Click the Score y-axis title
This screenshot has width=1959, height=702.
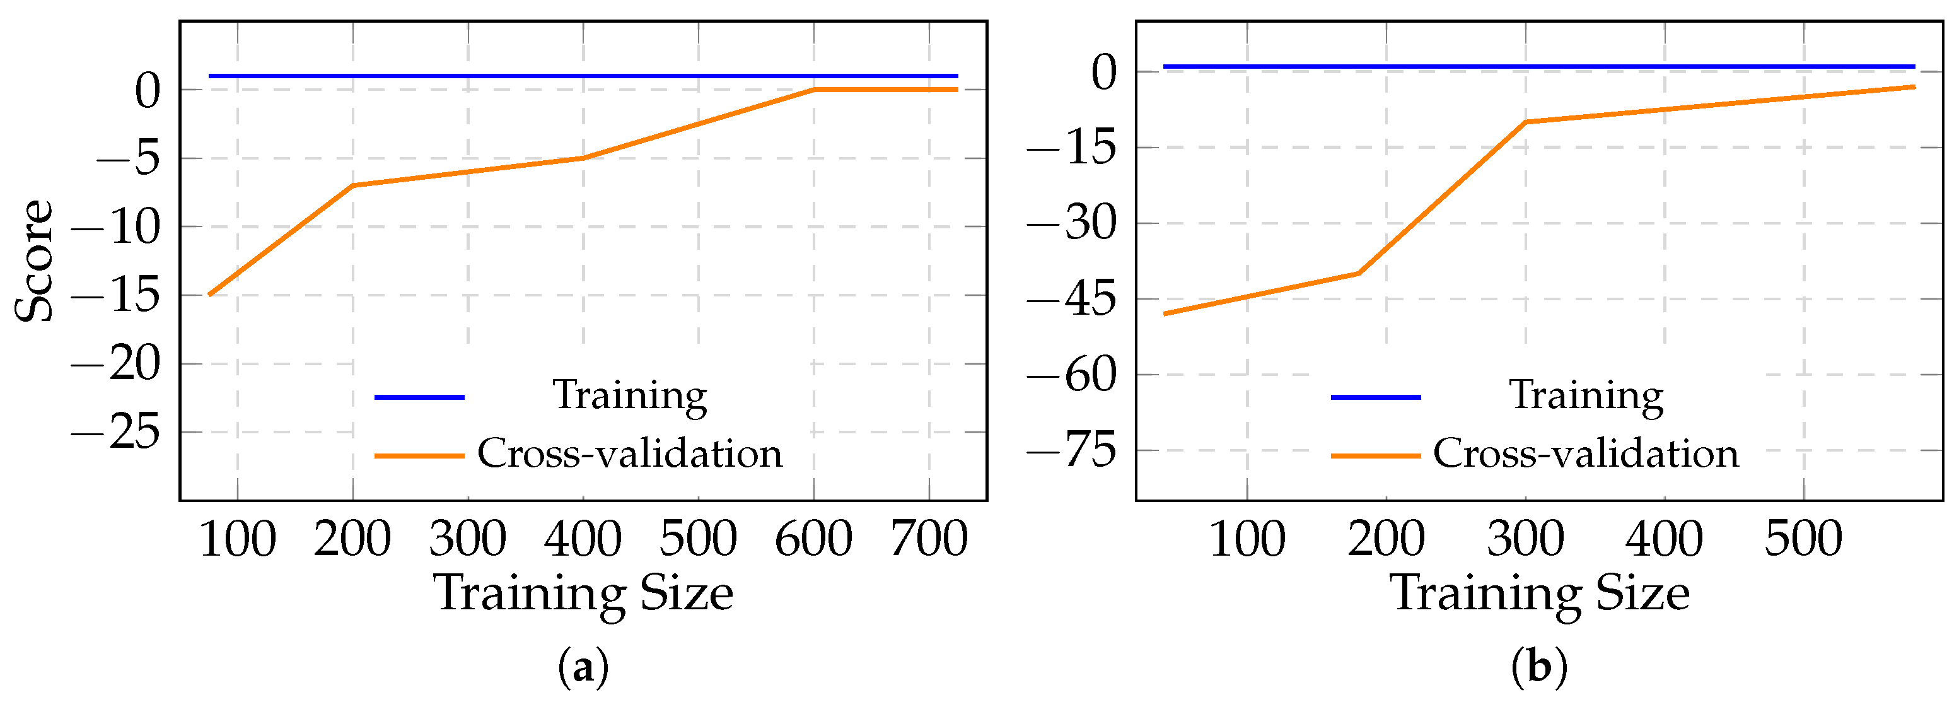click(x=35, y=261)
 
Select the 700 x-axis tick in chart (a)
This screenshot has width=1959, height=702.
click(x=929, y=539)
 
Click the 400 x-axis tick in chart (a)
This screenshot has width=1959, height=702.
click(x=583, y=539)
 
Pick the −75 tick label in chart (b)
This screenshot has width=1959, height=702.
click(x=1071, y=450)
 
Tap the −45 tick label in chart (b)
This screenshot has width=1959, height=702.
click(x=1071, y=299)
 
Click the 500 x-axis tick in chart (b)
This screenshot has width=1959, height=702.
click(x=1803, y=539)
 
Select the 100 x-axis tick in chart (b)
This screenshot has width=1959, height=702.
click(x=1247, y=539)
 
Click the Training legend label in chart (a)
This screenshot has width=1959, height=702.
click(x=630, y=395)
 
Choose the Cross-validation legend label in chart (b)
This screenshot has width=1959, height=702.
click(x=1586, y=454)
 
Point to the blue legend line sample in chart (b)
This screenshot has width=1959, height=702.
click(x=1375, y=397)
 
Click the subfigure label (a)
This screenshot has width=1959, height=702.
click(x=583, y=668)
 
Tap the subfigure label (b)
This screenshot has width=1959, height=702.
click(x=1539, y=668)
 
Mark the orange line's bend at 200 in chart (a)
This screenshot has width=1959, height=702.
click(x=353, y=185)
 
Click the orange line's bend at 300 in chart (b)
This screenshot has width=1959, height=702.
click(x=1526, y=122)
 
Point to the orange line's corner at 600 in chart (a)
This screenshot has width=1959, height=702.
click(x=814, y=90)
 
